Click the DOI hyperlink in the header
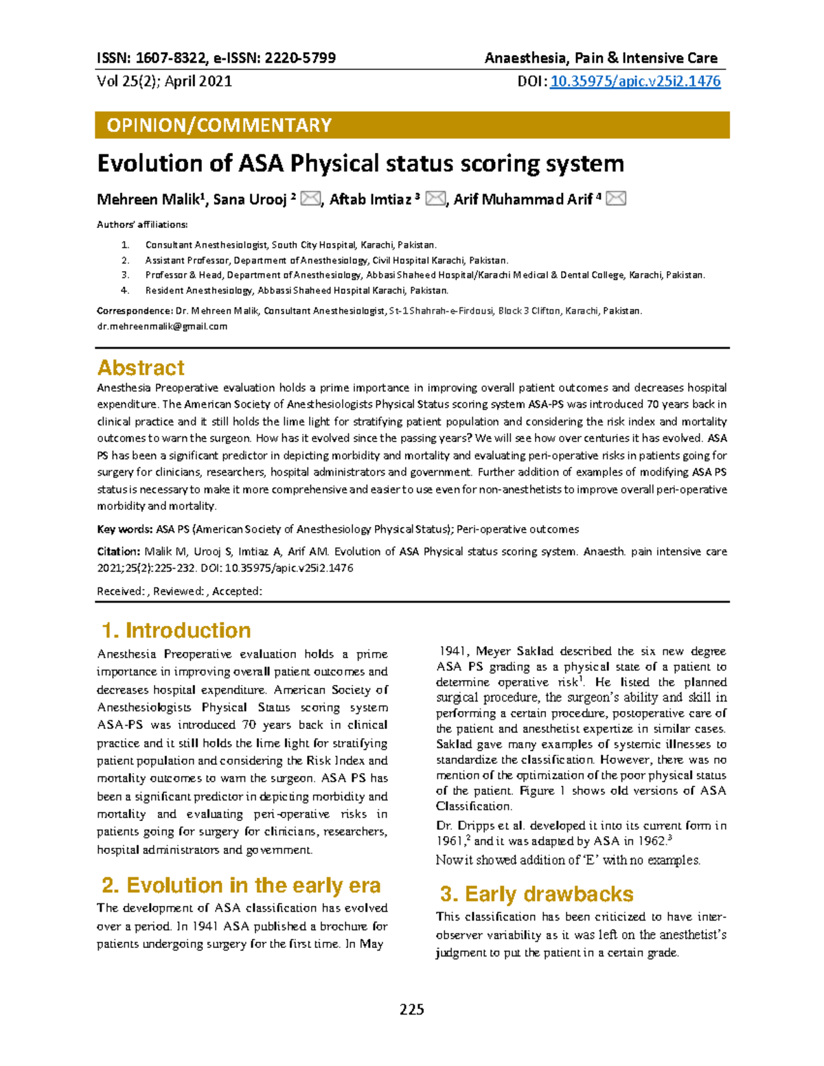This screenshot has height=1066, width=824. pos(635,82)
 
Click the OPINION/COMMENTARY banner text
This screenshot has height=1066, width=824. pos(219,125)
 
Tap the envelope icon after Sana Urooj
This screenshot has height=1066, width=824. pos(311,199)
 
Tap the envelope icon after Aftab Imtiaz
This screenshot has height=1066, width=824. pos(435,199)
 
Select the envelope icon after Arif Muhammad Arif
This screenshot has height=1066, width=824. pos(616,199)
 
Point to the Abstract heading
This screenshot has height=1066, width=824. pos(141,368)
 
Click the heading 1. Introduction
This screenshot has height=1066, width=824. pos(176,630)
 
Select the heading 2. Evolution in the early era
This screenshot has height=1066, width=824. pos(240,885)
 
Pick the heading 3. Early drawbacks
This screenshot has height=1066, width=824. pos(536,894)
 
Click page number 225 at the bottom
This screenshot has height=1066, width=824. pos(412,1009)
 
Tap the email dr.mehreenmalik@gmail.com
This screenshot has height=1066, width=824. pos(162,327)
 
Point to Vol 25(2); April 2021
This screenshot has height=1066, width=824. pos(165,82)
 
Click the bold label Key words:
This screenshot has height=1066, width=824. pos(124,529)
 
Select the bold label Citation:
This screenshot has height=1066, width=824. pos(119,551)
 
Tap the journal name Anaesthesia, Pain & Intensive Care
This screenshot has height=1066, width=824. pos(601,58)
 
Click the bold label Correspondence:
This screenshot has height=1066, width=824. pos(135,311)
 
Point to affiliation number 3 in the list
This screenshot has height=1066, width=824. pos(125,275)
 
